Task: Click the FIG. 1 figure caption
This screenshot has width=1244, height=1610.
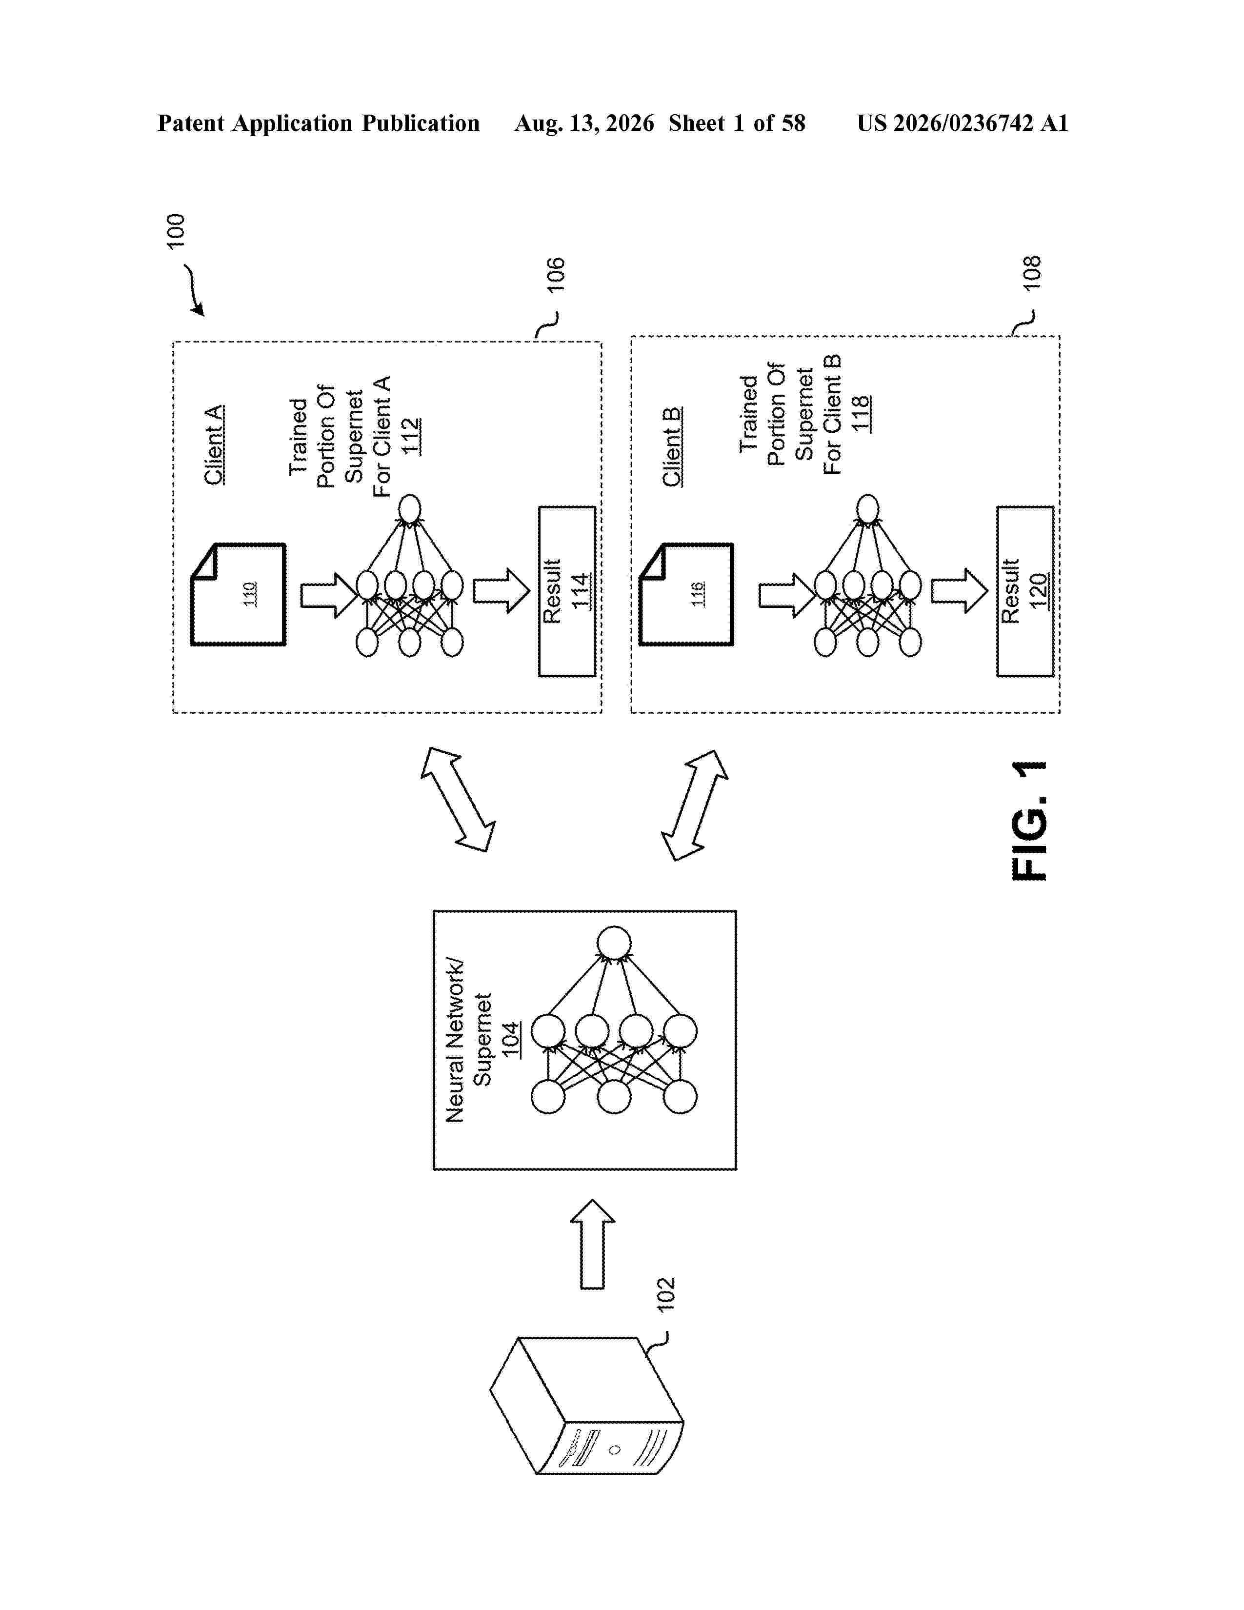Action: click(x=1029, y=821)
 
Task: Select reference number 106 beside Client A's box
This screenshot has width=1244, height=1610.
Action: click(x=555, y=275)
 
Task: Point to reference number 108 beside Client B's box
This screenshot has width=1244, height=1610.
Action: click(x=1032, y=273)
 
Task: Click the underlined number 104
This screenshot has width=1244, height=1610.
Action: click(x=510, y=1039)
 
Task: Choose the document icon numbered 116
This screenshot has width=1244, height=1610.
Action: click(x=685, y=594)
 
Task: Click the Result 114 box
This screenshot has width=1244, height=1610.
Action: click(x=567, y=591)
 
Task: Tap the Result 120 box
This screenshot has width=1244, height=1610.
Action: click(x=1025, y=591)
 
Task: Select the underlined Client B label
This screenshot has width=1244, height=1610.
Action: click(x=671, y=447)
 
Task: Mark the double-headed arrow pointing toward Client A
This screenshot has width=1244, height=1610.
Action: click(x=458, y=799)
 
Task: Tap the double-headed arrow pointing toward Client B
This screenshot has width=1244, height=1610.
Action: click(x=694, y=805)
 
